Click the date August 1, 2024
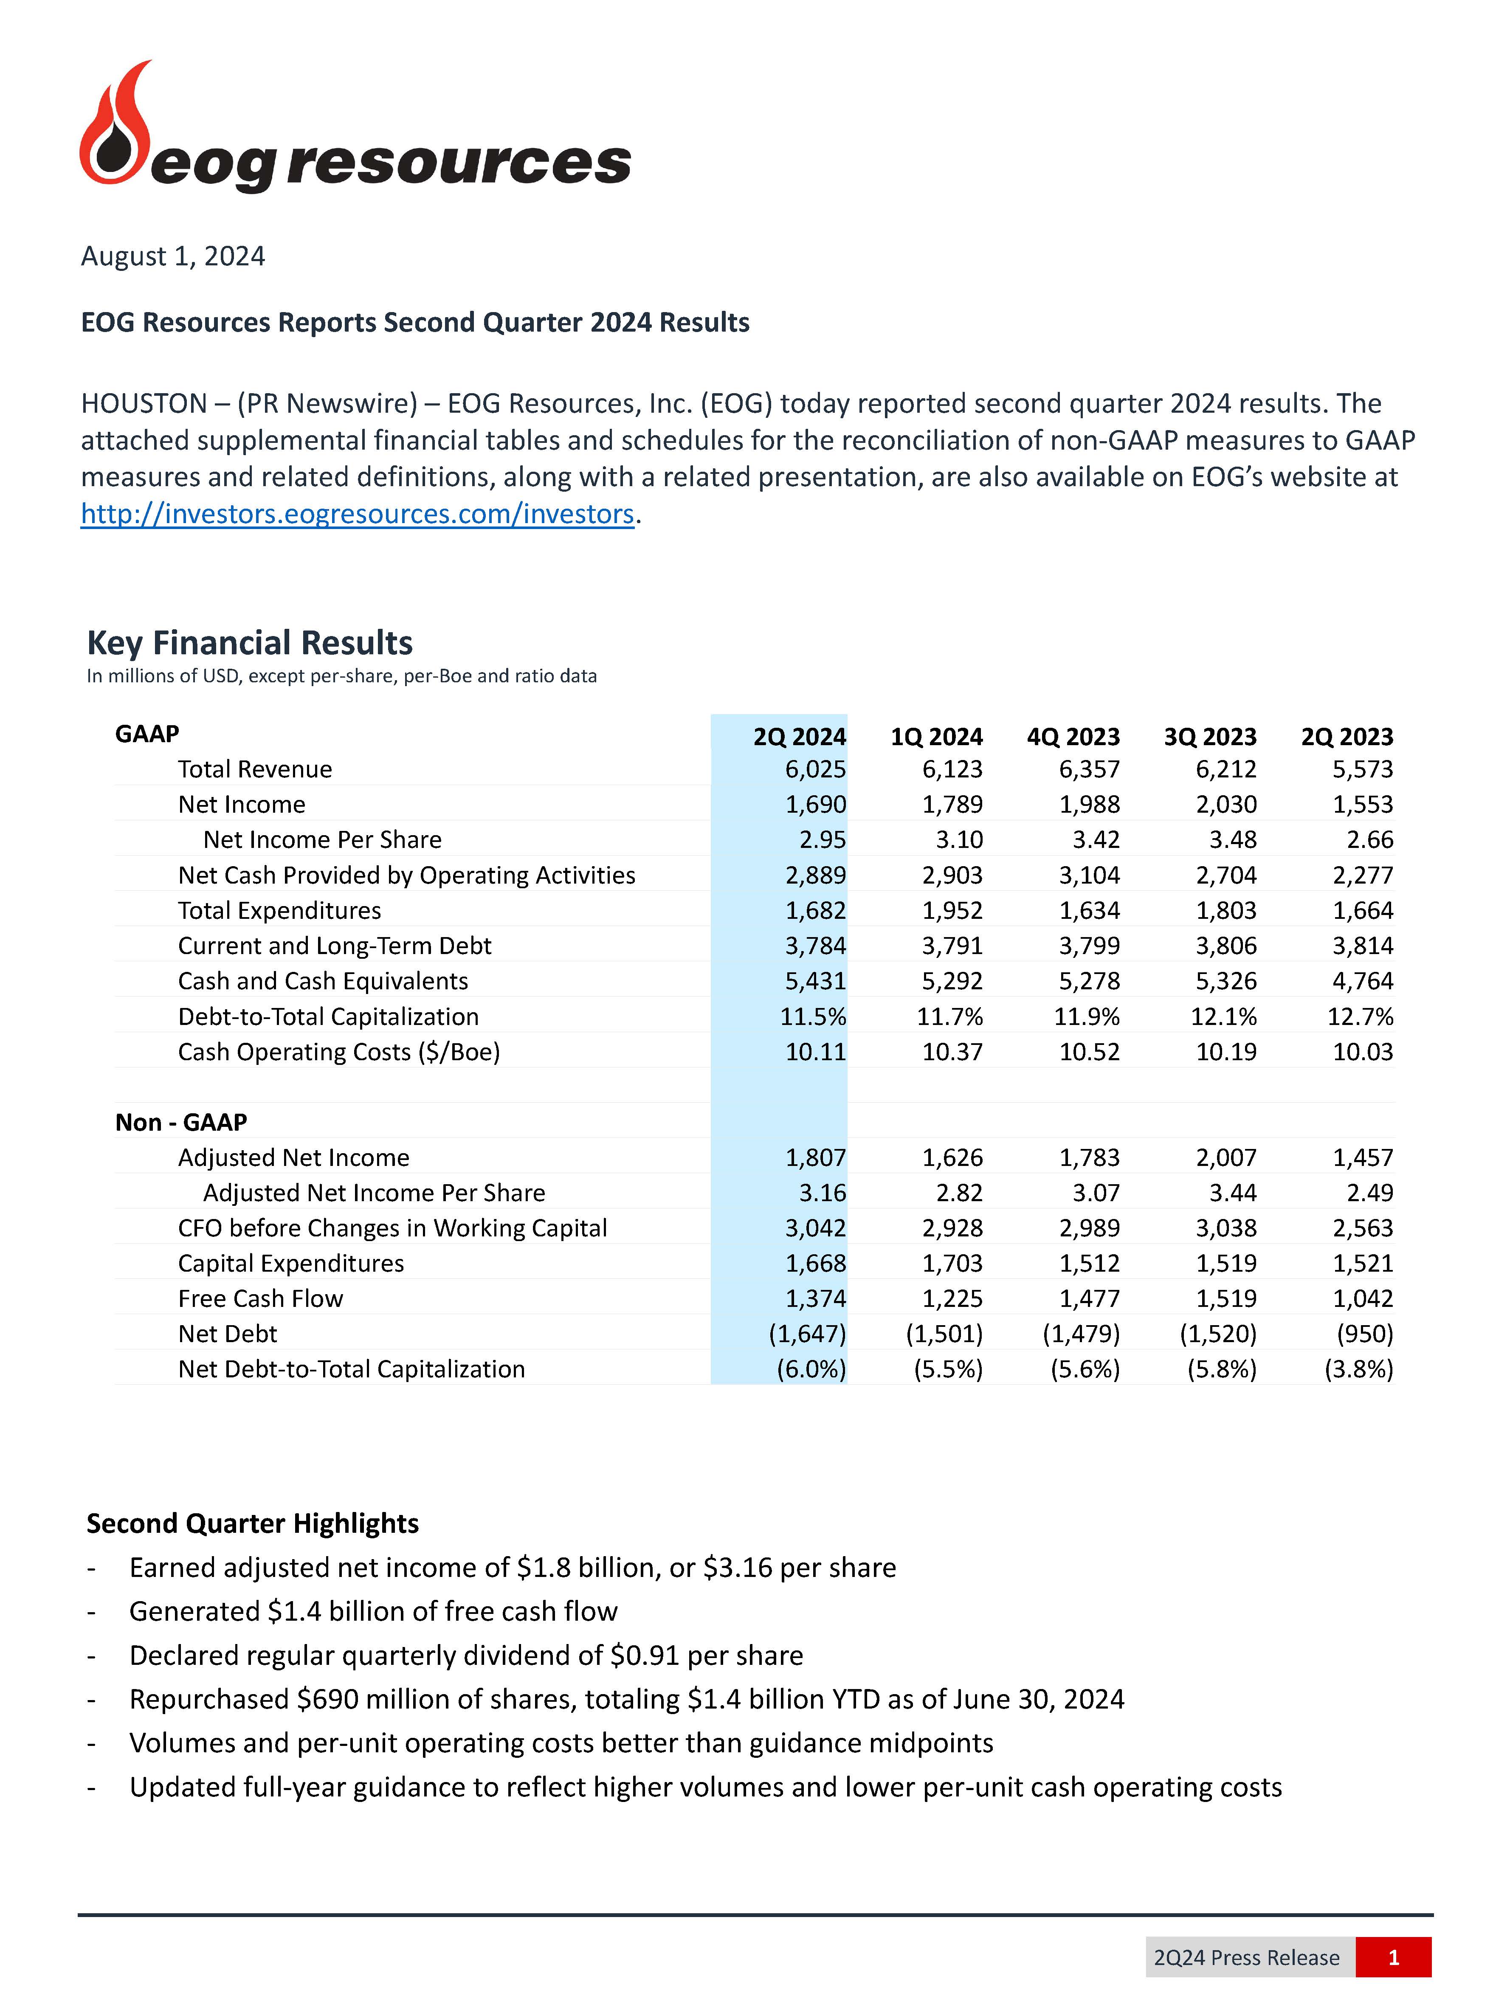pyautogui.click(x=173, y=256)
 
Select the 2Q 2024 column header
pyautogui.click(x=799, y=736)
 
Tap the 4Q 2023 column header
pyautogui.click(x=1073, y=736)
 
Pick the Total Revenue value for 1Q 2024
pyautogui.click(x=952, y=769)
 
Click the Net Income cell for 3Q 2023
pyautogui.click(x=1226, y=805)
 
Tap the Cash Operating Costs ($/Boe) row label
pyautogui.click(x=338, y=1052)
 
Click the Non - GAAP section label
pyautogui.click(x=181, y=1122)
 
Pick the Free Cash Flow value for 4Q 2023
pyautogui.click(x=1090, y=1299)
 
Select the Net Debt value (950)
pyautogui.click(x=1364, y=1334)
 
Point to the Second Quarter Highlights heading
pyautogui.click(x=252, y=1523)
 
